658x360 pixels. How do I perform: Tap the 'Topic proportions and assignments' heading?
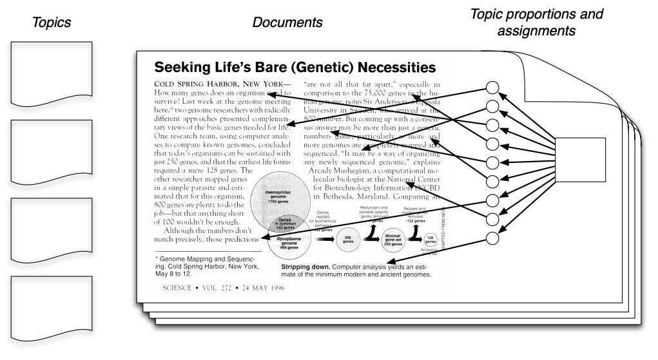coord(546,21)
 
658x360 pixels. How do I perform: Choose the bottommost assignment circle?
coord(492,238)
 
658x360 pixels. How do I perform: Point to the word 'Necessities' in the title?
coord(387,67)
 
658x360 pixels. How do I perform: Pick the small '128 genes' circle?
coord(430,240)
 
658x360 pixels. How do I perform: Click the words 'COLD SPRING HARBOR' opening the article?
coord(203,84)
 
